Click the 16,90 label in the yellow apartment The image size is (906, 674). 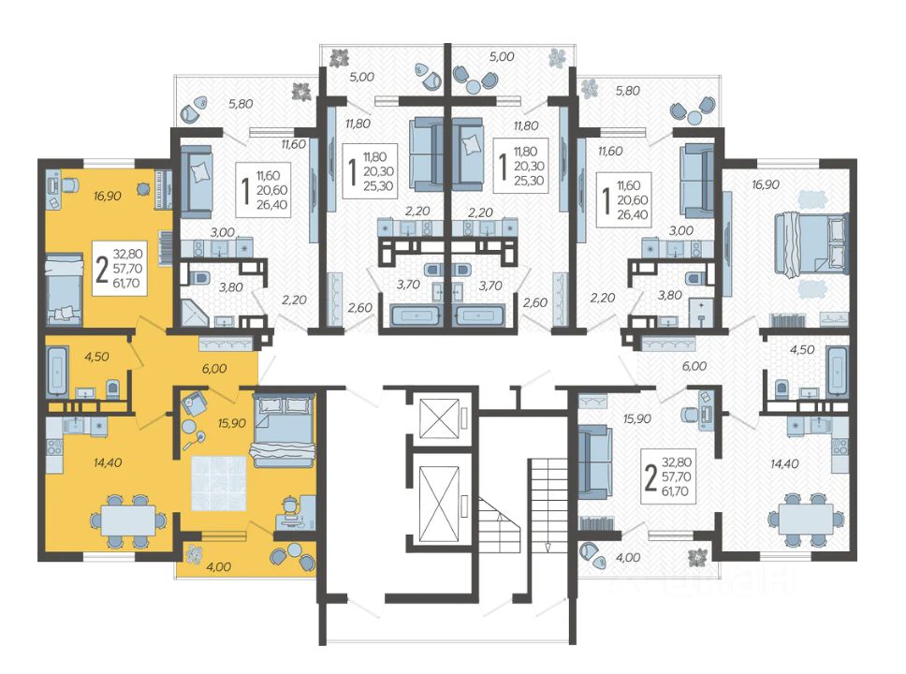(x=107, y=196)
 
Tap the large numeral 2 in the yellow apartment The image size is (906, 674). (x=102, y=269)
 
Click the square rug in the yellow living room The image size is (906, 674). (x=219, y=483)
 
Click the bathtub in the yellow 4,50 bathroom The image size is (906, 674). (x=56, y=371)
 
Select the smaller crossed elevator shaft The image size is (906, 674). (x=439, y=418)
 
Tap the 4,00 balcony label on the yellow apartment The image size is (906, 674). (x=218, y=567)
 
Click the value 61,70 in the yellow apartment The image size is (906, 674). (x=126, y=284)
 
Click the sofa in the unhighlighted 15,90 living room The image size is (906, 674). (x=594, y=462)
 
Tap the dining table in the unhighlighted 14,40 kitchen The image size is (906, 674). (x=806, y=520)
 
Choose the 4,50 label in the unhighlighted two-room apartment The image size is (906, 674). (x=802, y=350)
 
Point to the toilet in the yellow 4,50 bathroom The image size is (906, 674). (x=113, y=389)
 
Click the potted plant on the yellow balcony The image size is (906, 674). (x=193, y=555)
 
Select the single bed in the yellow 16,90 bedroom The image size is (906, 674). (x=65, y=289)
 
